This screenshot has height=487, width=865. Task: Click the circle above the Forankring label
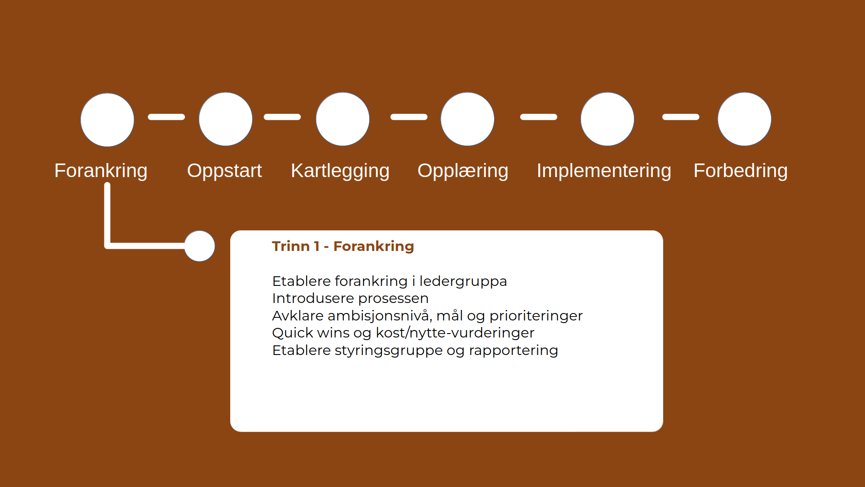click(x=107, y=120)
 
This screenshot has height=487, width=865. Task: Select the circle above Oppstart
click(x=226, y=119)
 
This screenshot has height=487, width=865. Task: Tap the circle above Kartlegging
click(x=343, y=119)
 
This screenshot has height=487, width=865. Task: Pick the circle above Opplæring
click(x=467, y=119)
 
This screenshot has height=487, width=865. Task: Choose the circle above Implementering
click(x=607, y=119)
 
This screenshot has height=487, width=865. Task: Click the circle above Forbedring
click(x=744, y=119)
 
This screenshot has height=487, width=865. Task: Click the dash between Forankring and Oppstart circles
click(x=166, y=117)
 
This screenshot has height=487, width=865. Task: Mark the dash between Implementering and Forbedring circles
click(x=681, y=117)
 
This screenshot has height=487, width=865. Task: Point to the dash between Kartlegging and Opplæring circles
click(x=409, y=117)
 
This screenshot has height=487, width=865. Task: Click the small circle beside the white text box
click(x=200, y=246)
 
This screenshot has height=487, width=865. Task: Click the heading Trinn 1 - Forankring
click(x=343, y=246)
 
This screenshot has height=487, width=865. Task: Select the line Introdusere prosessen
click(x=350, y=298)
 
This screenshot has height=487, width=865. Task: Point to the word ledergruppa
click(x=463, y=281)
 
